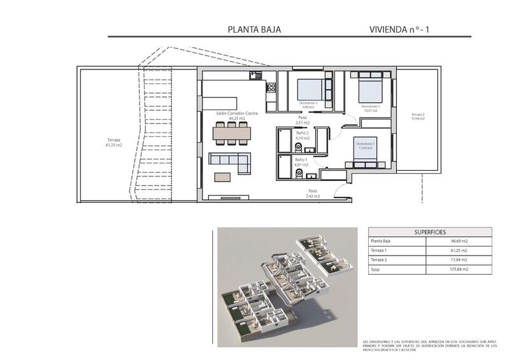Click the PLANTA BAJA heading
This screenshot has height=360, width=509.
[x=254, y=29]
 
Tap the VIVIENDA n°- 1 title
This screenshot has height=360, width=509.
[x=404, y=29]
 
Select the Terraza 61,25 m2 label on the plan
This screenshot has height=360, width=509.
[x=114, y=142]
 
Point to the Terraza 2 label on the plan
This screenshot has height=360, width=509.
[x=417, y=116]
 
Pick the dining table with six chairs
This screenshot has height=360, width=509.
[x=232, y=133]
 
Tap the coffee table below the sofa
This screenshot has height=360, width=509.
[x=223, y=177]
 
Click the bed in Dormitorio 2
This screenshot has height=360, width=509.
[x=370, y=87]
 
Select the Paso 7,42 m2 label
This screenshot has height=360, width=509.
[x=312, y=194]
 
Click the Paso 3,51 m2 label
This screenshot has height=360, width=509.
[x=303, y=120]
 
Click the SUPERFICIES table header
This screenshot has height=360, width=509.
[x=429, y=233]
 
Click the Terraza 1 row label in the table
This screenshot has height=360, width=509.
[x=380, y=251]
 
